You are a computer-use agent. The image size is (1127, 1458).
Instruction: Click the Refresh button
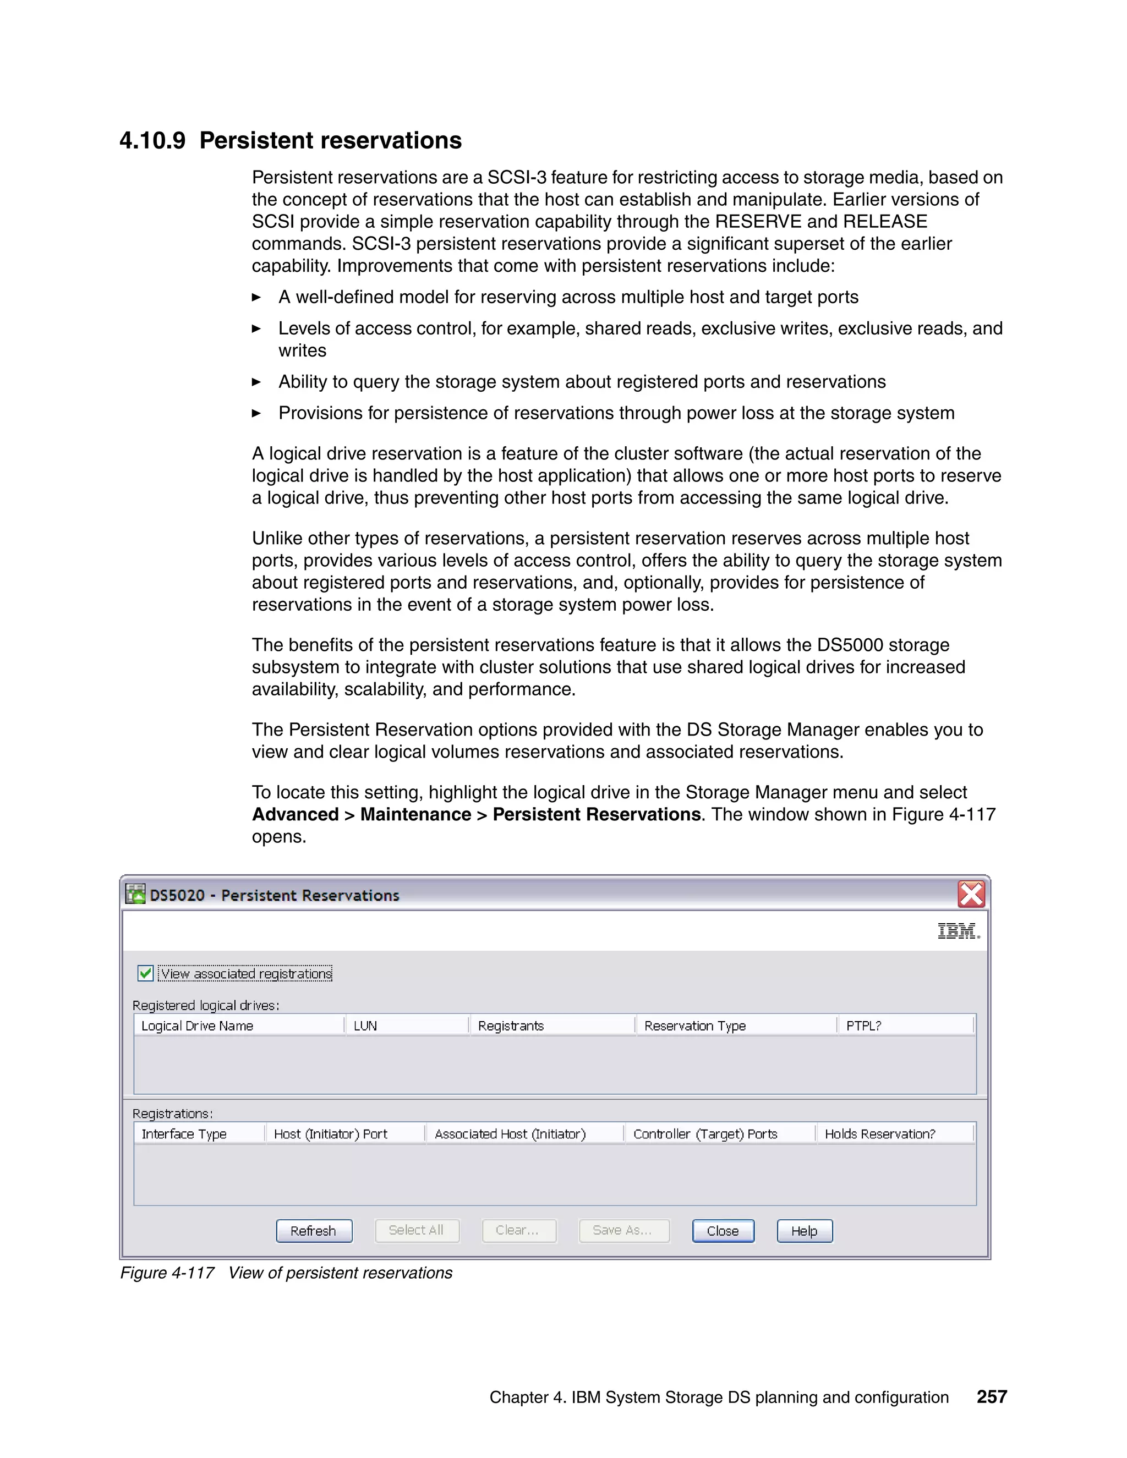(314, 1230)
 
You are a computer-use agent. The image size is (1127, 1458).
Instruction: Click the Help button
(804, 1230)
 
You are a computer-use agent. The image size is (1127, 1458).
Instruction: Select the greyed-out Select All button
(417, 1230)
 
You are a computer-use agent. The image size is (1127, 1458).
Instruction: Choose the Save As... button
(623, 1230)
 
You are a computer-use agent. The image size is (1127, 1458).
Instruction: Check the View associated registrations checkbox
(145, 973)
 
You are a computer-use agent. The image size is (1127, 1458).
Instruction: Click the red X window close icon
(971, 894)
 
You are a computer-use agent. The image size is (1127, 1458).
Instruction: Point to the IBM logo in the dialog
(958, 930)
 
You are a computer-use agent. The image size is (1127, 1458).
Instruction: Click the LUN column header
(366, 1026)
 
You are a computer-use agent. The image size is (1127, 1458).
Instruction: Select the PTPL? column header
(864, 1026)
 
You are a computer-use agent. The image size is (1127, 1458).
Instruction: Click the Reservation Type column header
(695, 1026)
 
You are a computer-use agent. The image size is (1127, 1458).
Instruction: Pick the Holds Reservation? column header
(880, 1133)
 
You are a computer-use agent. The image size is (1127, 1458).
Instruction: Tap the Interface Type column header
(184, 1133)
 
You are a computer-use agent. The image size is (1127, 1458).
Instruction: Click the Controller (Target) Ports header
(705, 1133)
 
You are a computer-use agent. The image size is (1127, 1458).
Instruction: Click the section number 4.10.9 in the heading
(152, 141)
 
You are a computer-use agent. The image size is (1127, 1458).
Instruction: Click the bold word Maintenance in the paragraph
(415, 814)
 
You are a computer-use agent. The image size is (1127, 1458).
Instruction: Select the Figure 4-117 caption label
(167, 1273)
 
